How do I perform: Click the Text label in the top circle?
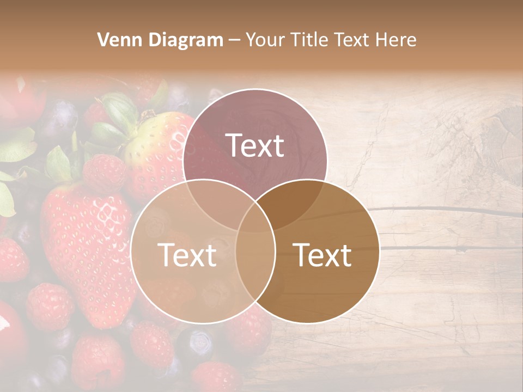click(255, 145)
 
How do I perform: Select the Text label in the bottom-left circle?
click(187, 255)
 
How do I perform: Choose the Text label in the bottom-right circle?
click(323, 255)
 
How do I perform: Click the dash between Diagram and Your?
click(234, 40)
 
